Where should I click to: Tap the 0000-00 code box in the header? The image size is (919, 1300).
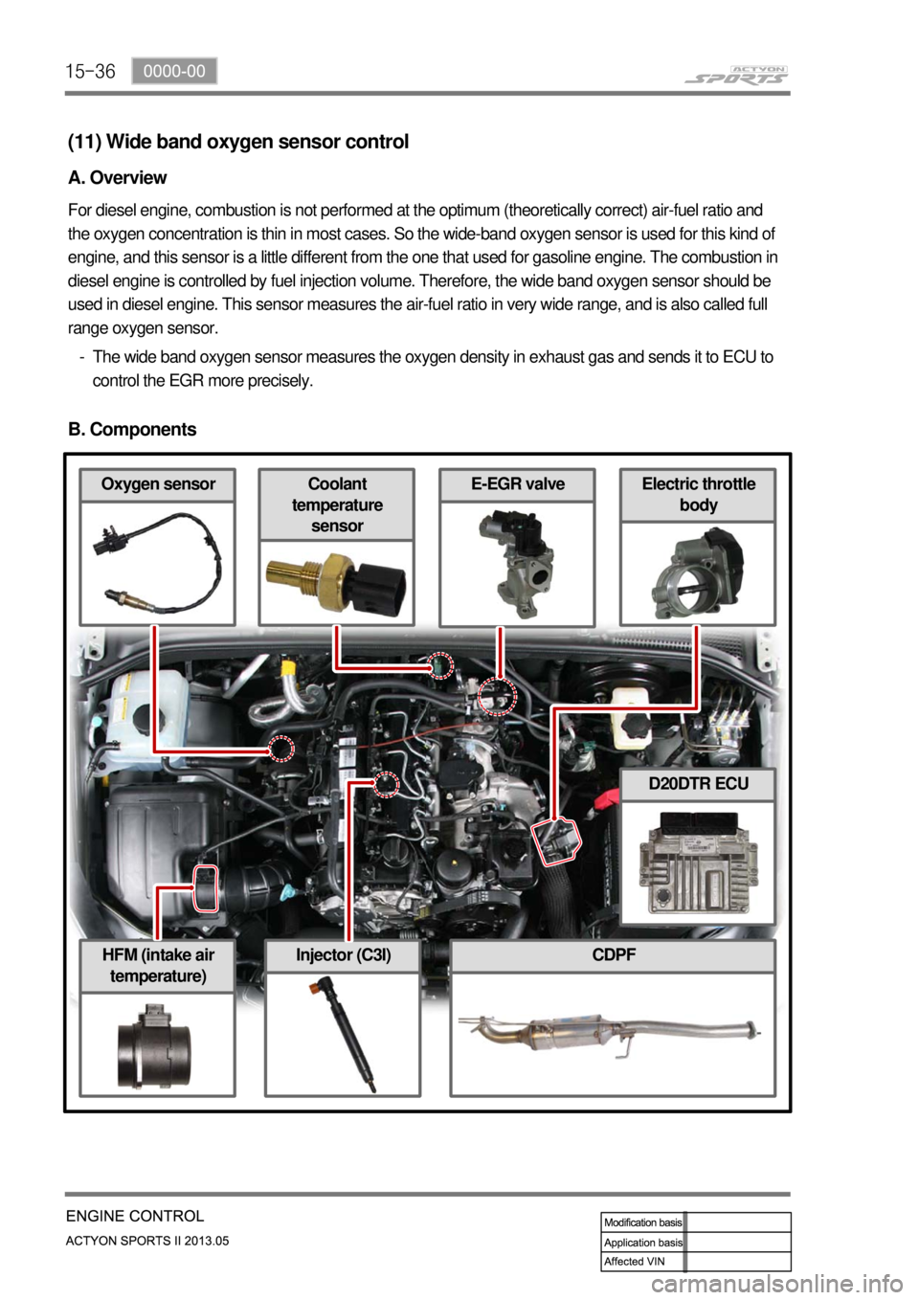174,71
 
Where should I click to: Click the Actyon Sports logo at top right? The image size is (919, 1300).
738,75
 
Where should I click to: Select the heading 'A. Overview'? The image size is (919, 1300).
118,178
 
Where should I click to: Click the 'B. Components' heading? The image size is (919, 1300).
132,430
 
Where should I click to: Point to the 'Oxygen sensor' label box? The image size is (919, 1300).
158,484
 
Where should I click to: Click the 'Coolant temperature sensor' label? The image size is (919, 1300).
337,504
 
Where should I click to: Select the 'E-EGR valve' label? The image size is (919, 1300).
517,484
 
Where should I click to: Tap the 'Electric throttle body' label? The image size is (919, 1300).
698,494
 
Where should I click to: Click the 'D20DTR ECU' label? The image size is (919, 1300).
698,784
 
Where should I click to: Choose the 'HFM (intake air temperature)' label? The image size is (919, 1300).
158,965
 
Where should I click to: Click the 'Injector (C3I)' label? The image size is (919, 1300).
343,955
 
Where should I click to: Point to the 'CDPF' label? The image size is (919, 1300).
614,955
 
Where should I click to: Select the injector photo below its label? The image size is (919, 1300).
342,1034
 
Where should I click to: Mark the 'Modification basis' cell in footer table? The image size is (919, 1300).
643,1222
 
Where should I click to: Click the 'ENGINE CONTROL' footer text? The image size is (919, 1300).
135,1217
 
